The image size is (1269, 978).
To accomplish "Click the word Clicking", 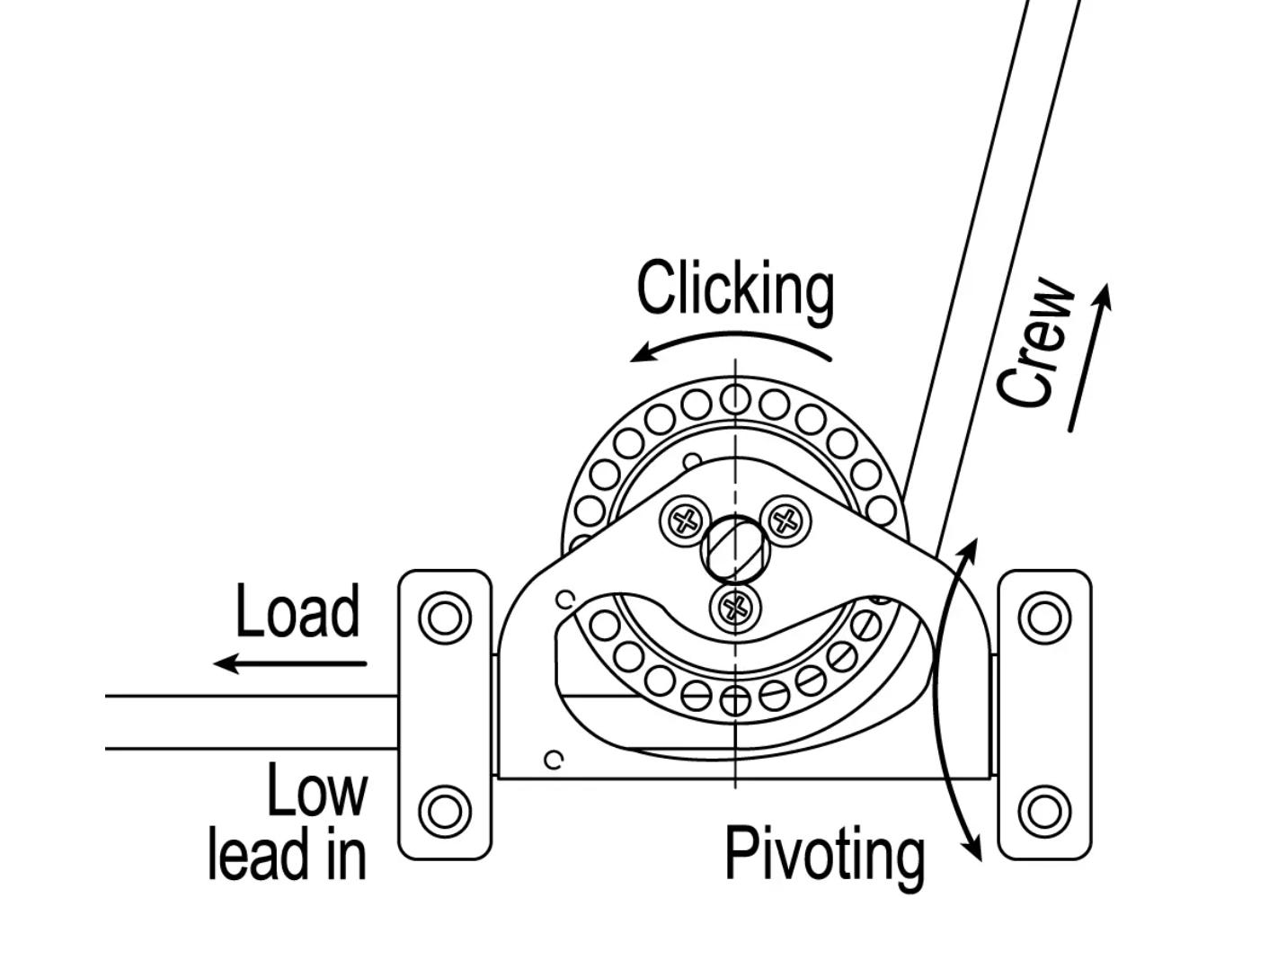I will coord(735,289).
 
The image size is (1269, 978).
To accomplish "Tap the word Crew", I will coord(1036,344).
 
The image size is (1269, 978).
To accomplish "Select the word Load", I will coord(297,611).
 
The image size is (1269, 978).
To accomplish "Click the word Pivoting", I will coord(824,854).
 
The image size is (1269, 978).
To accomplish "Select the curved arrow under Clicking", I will coord(731,344).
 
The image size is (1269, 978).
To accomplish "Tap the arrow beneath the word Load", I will coord(289,664).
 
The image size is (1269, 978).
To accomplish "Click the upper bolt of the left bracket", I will coord(445,618).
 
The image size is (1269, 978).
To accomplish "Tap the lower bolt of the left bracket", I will coord(445,811).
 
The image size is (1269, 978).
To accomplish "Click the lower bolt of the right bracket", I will coord(1044,811).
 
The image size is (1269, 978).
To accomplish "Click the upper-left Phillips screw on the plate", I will coord(687,520).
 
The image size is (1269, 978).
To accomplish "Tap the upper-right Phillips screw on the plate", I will coord(786,520).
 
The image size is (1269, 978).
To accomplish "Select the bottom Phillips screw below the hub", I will coord(736,609).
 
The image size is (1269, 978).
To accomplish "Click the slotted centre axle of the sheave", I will coord(736,550).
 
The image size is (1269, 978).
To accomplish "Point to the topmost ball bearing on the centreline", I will coord(736,397).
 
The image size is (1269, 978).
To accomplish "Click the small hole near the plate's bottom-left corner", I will coord(555,760).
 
